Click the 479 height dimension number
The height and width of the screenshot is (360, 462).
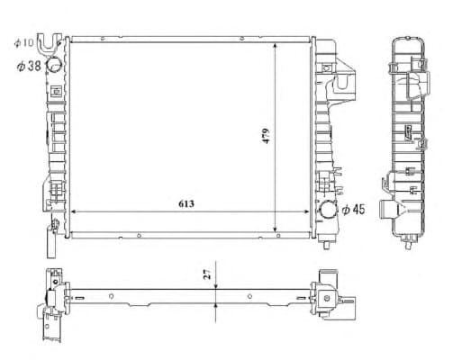coord(267,137)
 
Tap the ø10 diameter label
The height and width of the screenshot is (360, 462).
coord(23,42)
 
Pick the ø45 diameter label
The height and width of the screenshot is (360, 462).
coord(353,210)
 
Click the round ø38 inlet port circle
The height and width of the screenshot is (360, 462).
coord(54,65)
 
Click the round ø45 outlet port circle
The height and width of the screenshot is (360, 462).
coord(327,211)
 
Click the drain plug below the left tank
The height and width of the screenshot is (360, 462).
coord(53,242)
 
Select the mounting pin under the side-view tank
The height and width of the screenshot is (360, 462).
coord(411,242)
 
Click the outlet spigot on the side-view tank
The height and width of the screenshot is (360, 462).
coord(390,211)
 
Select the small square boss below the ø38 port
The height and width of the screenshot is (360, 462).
coord(54,91)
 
